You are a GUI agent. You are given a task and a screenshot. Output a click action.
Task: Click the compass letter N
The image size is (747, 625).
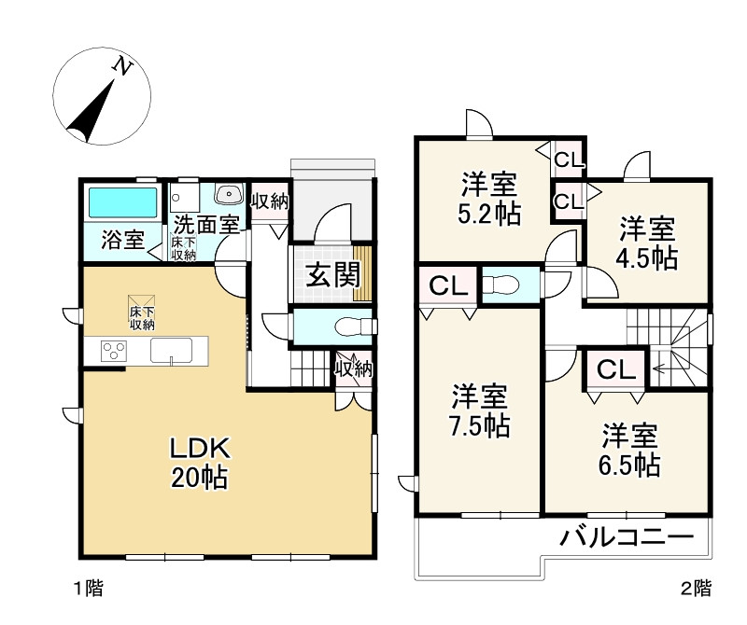(121, 66)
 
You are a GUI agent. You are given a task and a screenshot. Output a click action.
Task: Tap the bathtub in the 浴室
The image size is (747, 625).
(122, 202)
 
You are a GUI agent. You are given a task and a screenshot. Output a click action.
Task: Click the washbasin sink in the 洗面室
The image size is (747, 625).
(228, 194)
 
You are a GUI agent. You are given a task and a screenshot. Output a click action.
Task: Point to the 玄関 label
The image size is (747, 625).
(331, 275)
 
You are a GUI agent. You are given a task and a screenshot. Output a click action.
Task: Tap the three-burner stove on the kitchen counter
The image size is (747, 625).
(115, 352)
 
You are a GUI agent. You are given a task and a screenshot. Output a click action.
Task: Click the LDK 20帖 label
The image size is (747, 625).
(198, 461)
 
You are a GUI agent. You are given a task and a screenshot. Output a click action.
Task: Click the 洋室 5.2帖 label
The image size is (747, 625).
(489, 198)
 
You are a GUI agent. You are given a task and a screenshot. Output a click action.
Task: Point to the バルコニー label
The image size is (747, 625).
(627, 537)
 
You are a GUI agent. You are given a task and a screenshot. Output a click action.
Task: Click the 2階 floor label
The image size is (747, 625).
(696, 589)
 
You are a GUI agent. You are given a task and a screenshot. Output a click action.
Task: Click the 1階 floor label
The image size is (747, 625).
(88, 589)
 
